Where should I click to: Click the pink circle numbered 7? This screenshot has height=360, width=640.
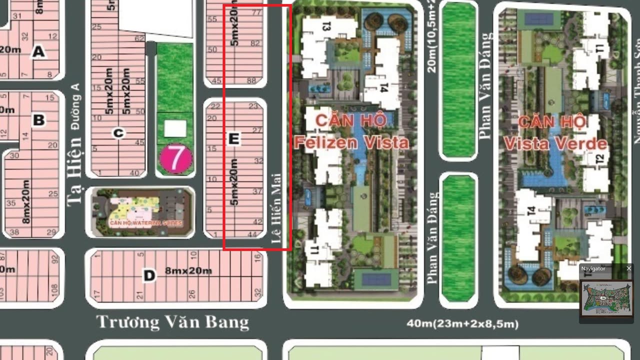coord(175,158)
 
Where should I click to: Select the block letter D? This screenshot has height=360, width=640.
coord(148,275)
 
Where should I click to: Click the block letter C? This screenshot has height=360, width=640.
coord(118,133)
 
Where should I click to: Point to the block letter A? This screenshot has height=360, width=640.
coord(38,51)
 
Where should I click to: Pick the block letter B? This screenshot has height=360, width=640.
coord(38,120)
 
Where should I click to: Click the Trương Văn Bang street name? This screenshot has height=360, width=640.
coord(172,321)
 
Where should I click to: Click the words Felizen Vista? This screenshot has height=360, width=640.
coord(351,143)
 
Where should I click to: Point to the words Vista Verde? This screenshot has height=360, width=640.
coord(555,144)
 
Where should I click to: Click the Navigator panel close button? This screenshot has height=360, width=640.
coord(628,268)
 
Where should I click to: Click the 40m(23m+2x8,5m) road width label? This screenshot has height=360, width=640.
coord(462,324)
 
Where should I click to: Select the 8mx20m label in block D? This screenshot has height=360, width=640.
coord(188,271)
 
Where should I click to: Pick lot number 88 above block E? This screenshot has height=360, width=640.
coord(251,81)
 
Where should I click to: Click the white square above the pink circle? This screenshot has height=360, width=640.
coord(175,128)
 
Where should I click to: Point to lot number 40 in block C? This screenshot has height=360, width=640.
coord(134,173)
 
